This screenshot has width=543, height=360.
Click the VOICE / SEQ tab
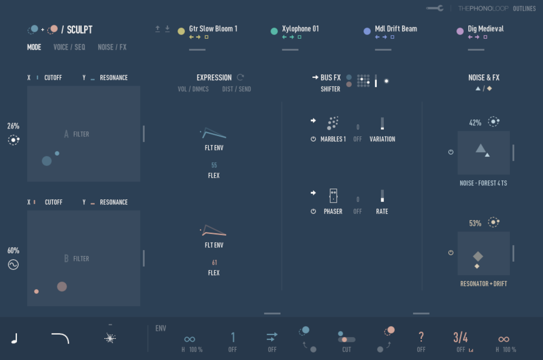69,47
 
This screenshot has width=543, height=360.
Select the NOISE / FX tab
112,47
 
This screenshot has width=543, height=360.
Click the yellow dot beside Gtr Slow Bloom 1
181,31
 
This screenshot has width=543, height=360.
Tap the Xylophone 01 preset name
300,29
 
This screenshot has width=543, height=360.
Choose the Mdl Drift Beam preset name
396,29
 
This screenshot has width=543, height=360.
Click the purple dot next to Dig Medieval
460,31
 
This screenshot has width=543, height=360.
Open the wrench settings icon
435,8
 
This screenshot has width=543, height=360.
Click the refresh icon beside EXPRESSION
240,77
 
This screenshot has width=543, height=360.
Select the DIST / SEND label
236,89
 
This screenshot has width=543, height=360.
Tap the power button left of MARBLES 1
313,139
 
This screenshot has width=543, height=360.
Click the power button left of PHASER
313,211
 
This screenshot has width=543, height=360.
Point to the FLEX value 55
214,165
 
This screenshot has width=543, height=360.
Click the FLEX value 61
214,263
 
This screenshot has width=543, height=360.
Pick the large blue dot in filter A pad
47,161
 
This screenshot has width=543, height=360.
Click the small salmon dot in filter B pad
36,291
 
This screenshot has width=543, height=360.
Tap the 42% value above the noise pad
475,123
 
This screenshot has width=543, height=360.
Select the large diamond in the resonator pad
478,256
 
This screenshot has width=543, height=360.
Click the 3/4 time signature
460,337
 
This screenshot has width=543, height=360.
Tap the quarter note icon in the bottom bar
15,338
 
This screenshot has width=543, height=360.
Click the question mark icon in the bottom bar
421,337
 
